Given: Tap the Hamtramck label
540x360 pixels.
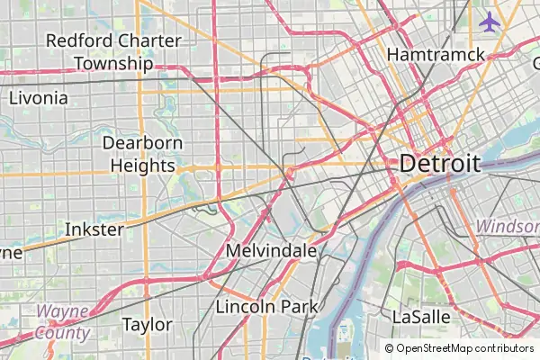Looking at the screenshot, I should pos(436,55).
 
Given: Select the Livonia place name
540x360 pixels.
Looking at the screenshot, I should pos(38,98).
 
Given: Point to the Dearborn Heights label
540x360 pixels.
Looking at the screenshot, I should pos(143,154).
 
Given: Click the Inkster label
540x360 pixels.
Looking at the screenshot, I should pos(94,229).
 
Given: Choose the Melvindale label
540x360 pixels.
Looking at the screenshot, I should pos(271,251).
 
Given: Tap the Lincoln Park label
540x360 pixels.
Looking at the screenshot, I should pos(266,307).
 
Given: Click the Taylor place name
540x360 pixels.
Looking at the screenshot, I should pos(147,325).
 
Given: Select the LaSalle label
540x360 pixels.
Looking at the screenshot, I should pos(420,317).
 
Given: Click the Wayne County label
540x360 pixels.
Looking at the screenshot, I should pos(62,322).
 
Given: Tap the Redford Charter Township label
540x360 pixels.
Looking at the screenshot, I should pos(113,52).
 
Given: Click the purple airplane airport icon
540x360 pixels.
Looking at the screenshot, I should pos(490,21).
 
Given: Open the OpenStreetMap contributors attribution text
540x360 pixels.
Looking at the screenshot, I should pos(465,348).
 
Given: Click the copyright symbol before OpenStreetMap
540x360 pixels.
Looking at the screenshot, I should pos(389,348).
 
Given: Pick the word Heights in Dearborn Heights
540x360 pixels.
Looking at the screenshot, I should pos(143,166).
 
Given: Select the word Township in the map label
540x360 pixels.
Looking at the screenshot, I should pos(113,64).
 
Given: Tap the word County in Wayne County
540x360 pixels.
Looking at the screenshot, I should pos(62,333).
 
